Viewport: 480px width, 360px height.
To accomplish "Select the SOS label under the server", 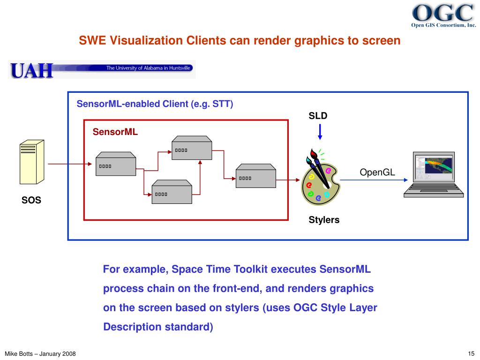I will click(x=31, y=200).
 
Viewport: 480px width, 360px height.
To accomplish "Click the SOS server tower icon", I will click(x=31, y=162).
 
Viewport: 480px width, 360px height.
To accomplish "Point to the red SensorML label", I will click(x=115, y=132).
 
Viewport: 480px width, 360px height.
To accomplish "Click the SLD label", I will click(x=318, y=116).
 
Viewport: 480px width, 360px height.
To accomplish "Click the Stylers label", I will click(x=324, y=220).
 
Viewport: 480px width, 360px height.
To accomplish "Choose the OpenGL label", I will click(x=377, y=172).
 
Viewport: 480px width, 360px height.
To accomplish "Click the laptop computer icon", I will click(x=434, y=174).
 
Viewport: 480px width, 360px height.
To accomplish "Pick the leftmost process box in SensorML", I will click(x=116, y=164).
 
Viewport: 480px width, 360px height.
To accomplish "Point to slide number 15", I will click(x=471, y=353).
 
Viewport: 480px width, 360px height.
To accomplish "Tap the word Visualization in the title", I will click(x=147, y=41).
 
